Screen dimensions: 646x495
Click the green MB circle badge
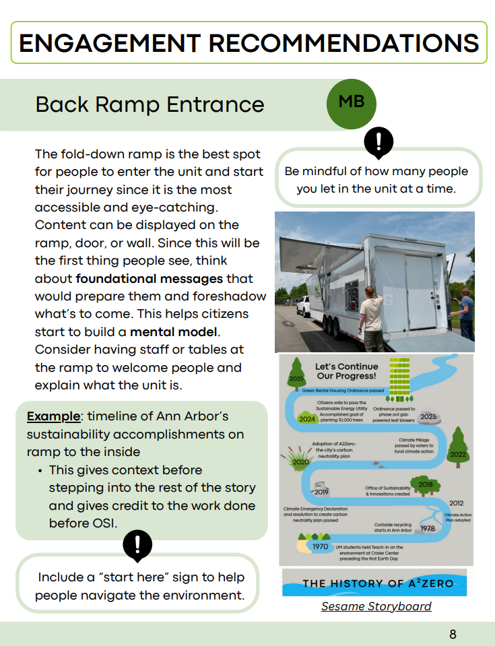click(x=351, y=102)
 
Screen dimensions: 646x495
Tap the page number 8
click(x=453, y=634)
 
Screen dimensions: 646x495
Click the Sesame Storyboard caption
click(x=376, y=606)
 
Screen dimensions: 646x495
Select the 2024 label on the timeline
click(x=308, y=419)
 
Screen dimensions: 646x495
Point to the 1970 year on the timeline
click(x=320, y=546)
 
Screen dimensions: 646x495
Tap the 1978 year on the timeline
click(x=428, y=528)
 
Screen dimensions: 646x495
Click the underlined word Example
click(x=53, y=417)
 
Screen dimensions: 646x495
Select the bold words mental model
click(x=166, y=332)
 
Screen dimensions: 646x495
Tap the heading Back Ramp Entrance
click(x=150, y=104)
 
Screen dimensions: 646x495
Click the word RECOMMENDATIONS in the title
click(x=343, y=44)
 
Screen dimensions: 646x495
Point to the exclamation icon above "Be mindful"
click(x=378, y=141)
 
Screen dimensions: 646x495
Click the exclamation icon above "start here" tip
click(x=138, y=544)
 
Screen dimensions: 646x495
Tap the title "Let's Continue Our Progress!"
click(x=345, y=371)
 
